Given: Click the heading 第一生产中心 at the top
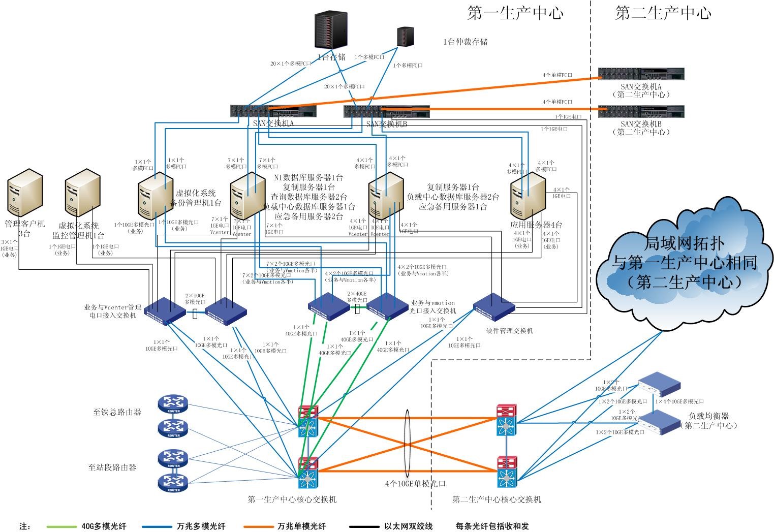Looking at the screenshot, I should click(515, 13).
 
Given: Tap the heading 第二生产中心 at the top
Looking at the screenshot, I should click(663, 13).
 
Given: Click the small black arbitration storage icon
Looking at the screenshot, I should click(405, 37).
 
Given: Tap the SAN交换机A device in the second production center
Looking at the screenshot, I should click(641, 75).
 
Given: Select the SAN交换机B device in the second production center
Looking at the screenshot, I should click(641, 112).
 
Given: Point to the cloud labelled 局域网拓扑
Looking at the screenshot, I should click(684, 264).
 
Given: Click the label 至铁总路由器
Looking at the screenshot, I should click(117, 412).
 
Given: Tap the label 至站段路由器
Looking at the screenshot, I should click(112, 467).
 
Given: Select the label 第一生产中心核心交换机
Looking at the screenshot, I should click(292, 499).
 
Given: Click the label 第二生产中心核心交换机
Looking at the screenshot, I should click(497, 499).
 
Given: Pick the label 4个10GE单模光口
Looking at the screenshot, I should click(415, 484).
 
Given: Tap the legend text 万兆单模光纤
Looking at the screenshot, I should click(302, 526).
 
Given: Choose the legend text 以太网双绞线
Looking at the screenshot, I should click(409, 526).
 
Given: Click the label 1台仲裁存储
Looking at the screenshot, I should click(466, 42).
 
